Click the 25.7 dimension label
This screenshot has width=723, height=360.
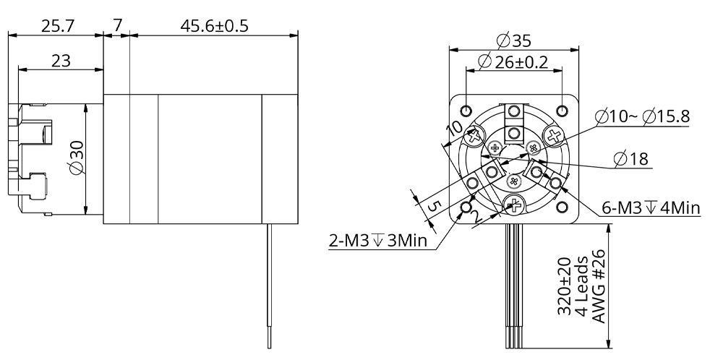tap(57, 26)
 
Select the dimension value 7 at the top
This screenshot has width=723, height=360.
tap(117, 26)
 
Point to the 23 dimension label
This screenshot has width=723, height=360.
tap(61, 61)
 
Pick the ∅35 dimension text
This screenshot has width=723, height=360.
tap(514, 40)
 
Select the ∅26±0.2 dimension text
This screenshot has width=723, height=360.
tap(515, 62)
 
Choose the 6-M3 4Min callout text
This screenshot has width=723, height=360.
tap(651, 208)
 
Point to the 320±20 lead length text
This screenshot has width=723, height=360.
tap(565, 286)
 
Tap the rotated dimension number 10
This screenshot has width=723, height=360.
tap(455, 129)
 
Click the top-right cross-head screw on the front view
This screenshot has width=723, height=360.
tap(555, 135)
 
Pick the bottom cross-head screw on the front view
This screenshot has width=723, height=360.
tap(514, 205)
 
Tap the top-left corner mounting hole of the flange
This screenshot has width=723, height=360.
tap(467, 111)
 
